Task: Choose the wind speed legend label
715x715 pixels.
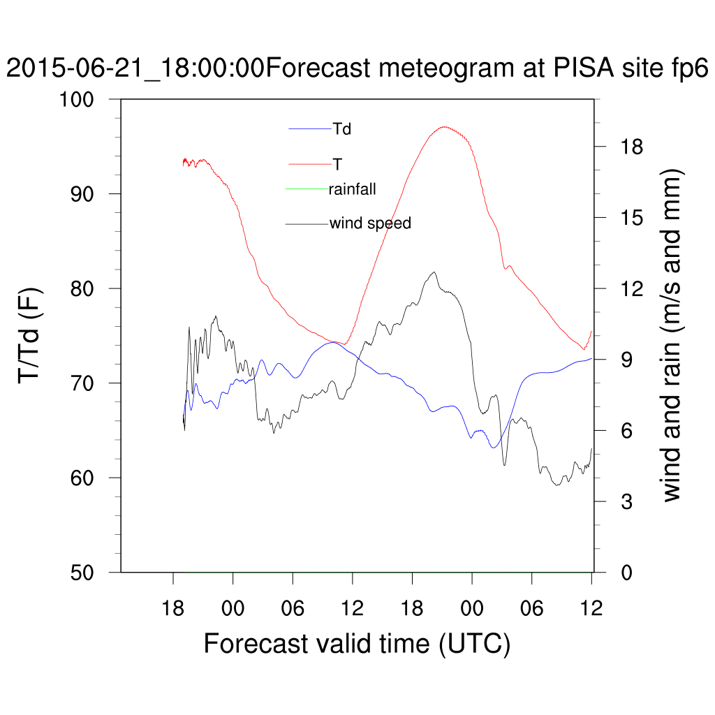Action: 370,223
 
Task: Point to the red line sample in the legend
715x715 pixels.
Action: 310,164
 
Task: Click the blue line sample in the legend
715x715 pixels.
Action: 310,128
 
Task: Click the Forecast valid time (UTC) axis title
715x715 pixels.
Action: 357,643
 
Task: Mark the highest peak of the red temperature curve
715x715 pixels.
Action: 445,127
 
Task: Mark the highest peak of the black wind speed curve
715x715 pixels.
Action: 434,272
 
